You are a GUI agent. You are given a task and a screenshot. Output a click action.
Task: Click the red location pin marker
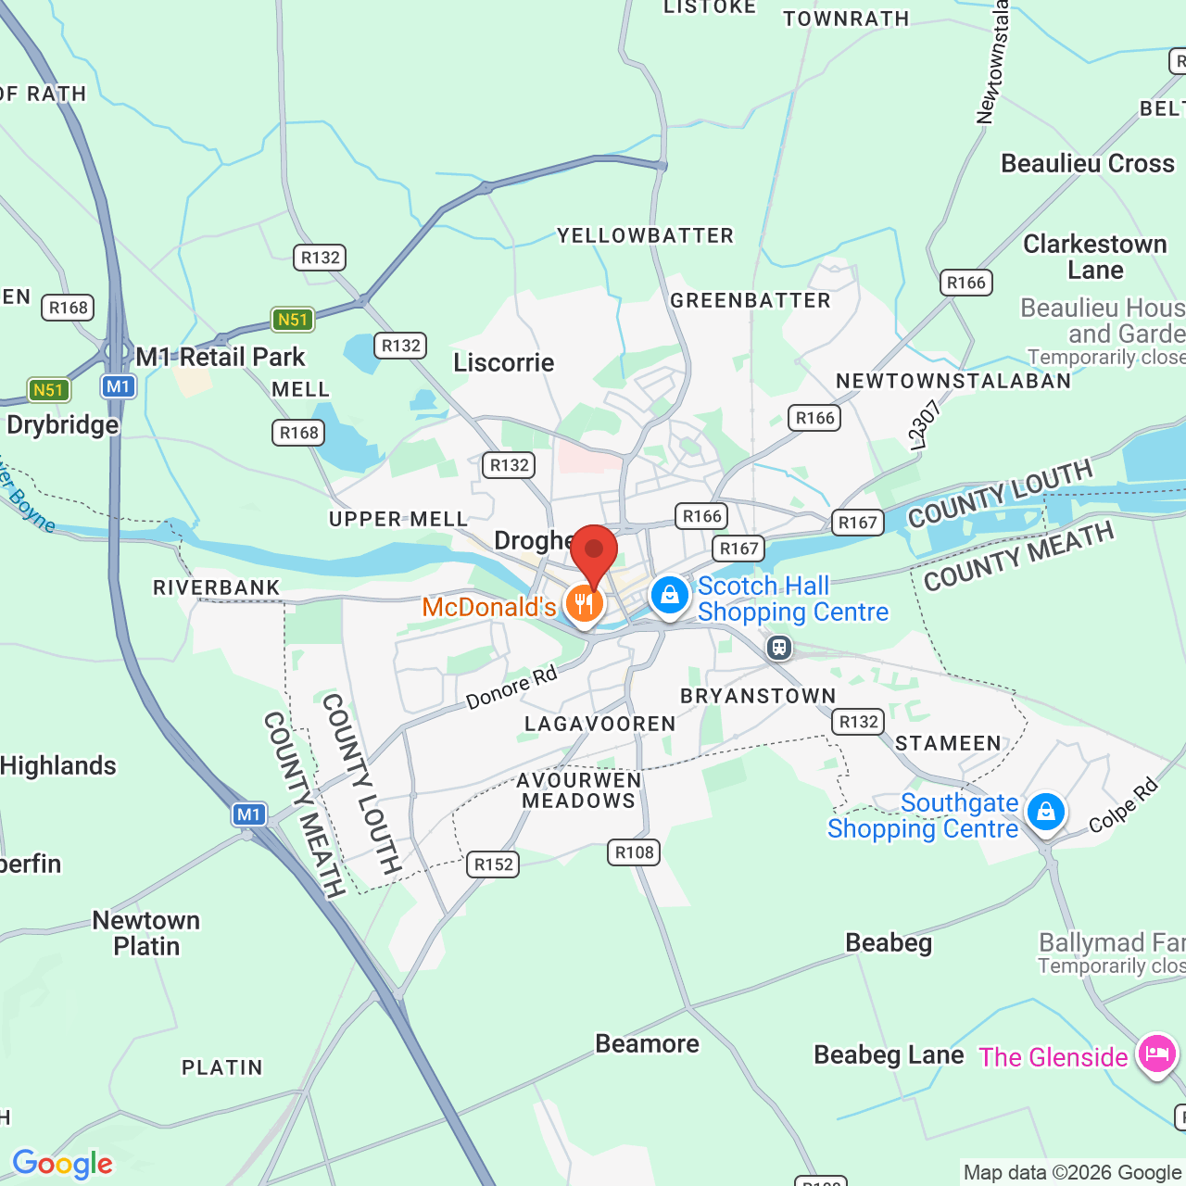[x=594, y=552]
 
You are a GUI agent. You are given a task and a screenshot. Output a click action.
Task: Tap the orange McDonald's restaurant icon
[x=584, y=604]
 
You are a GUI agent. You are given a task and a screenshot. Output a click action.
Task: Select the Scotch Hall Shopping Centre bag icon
[x=669, y=596]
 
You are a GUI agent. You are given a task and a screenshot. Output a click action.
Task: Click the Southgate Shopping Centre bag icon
[x=1046, y=813]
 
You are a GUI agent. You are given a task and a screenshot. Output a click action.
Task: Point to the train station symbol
[x=779, y=647]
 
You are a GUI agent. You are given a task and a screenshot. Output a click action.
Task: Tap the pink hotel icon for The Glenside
[x=1156, y=1054]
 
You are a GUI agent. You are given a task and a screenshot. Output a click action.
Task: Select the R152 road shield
[x=494, y=864]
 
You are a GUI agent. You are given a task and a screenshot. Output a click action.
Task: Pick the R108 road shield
[x=634, y=852]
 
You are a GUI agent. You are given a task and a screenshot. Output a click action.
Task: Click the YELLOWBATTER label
[x=645, y=236]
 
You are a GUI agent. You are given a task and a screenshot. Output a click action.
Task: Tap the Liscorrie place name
[x=504, y=362]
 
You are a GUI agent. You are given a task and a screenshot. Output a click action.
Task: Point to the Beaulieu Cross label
[x=1088, y=164]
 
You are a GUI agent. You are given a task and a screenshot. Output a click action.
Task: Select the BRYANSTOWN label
[x=758, y=696]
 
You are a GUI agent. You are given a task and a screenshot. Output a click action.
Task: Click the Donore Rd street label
[x=511, y=688]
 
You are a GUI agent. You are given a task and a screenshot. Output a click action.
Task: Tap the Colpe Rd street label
[x=1123, y=806]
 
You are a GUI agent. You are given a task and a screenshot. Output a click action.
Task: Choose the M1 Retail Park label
[x=221, y=357]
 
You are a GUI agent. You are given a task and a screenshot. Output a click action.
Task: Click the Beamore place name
[x=647, y=1044]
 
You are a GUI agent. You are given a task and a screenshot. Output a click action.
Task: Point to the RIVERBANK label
[x=217, y=587]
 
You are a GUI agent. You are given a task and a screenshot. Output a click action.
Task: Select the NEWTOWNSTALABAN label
[x=953, y=381]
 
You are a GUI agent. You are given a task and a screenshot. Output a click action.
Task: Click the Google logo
[x=63, y=1164]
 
